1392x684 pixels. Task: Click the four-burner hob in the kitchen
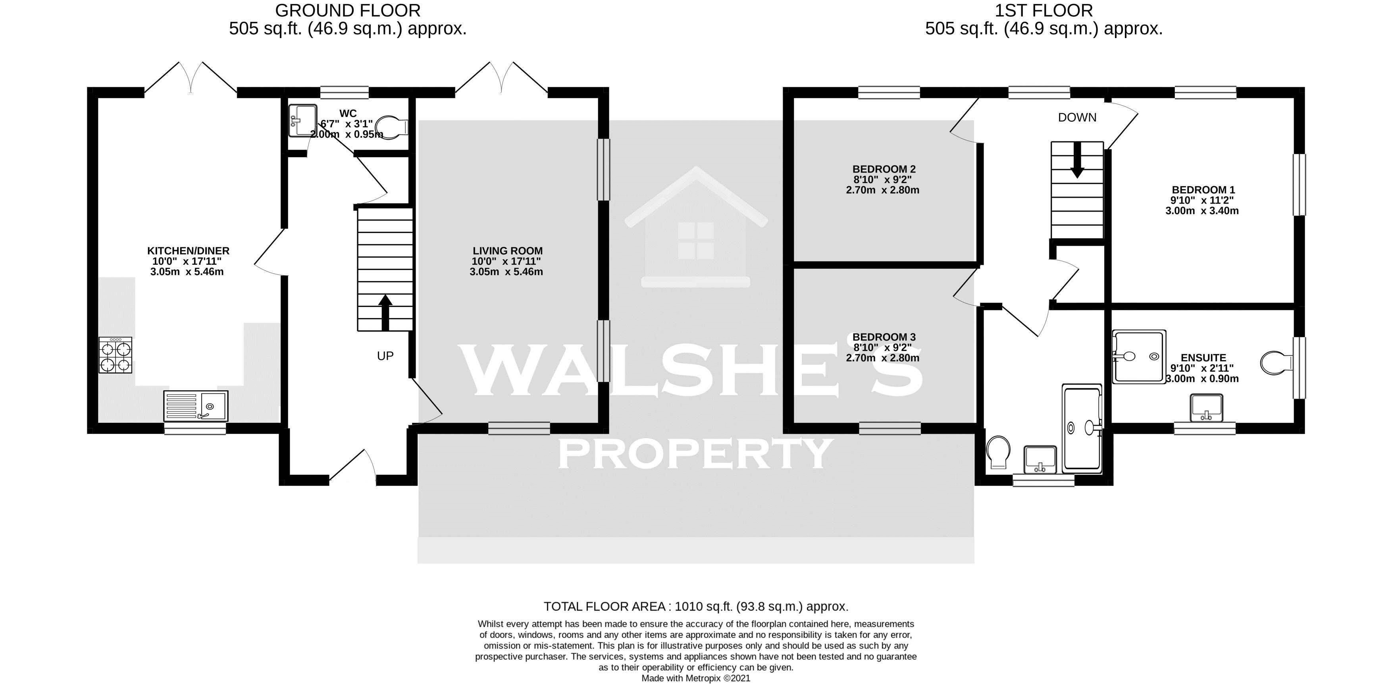coord(115,355)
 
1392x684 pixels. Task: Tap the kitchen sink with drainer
coord(196,405)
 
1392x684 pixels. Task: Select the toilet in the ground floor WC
coord(393,126)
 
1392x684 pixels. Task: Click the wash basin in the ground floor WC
coord(302,120)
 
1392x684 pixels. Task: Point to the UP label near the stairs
coord(385,356)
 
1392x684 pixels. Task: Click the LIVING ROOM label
coord(507,250)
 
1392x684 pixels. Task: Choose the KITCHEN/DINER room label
coord(188,250)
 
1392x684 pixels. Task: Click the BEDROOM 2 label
coord(884,169)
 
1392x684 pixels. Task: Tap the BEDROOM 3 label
coord(884,337)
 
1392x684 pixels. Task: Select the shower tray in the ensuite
coord(1138,356)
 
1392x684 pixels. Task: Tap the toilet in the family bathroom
coord(997,453)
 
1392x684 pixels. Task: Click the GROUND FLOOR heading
coord(347,10)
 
